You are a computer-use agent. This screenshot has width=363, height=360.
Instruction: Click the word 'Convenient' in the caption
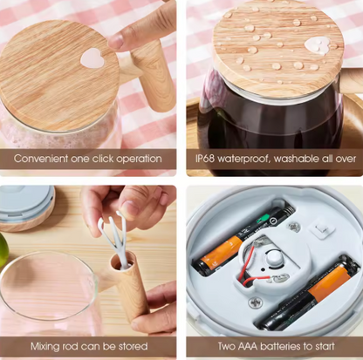[x=44, y=159]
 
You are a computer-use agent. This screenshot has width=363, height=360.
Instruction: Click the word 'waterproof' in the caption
[x=253, y=159]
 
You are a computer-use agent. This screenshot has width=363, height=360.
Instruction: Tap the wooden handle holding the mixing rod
[x=132, y=288]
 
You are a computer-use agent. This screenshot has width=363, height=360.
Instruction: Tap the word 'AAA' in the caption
[x=251, y=346]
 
